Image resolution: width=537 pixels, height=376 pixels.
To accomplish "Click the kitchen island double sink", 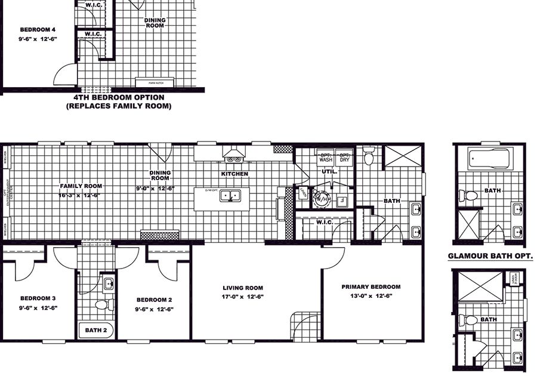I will (x=229, y=195).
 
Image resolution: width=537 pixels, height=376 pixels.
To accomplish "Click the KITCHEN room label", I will (x=234, y=174).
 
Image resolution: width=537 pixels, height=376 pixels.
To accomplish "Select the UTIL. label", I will (x=329, y=171).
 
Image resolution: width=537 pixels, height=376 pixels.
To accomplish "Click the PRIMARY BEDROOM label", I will (x=371, y=286).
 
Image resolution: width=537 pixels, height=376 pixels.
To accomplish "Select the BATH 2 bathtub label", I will (x=95, y=330).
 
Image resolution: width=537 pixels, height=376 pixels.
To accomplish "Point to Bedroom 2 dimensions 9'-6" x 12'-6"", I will (x=154, y=309).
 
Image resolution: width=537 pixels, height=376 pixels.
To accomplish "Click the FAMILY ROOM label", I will (x=72, y=186).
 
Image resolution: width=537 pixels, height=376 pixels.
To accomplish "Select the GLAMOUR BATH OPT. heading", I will (x=490, y=257).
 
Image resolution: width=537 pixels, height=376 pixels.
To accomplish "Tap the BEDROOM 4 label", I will (x=38, y=29).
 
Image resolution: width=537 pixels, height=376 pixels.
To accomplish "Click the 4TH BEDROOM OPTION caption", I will (x=119, y=97).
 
